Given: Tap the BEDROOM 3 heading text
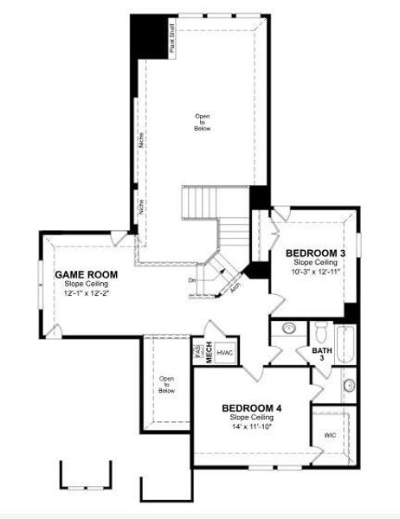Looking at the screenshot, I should click(316, 253).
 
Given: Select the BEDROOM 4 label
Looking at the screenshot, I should click(252, 408).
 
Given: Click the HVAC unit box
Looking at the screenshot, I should click(225, 353).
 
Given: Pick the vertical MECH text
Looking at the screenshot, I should click(209, 352).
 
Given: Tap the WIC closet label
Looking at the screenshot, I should click(329, 435).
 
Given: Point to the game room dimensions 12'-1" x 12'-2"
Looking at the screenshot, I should click(87, 293).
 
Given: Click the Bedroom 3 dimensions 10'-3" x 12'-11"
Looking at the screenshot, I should click(315, 272).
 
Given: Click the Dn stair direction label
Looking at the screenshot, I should click(192, 280).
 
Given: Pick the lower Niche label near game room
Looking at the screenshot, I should click(141, 208).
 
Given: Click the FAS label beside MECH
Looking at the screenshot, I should click(198, 352).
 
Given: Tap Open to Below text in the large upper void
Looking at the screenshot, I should click(202, 122).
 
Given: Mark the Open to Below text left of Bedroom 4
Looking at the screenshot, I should click(166, 385).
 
